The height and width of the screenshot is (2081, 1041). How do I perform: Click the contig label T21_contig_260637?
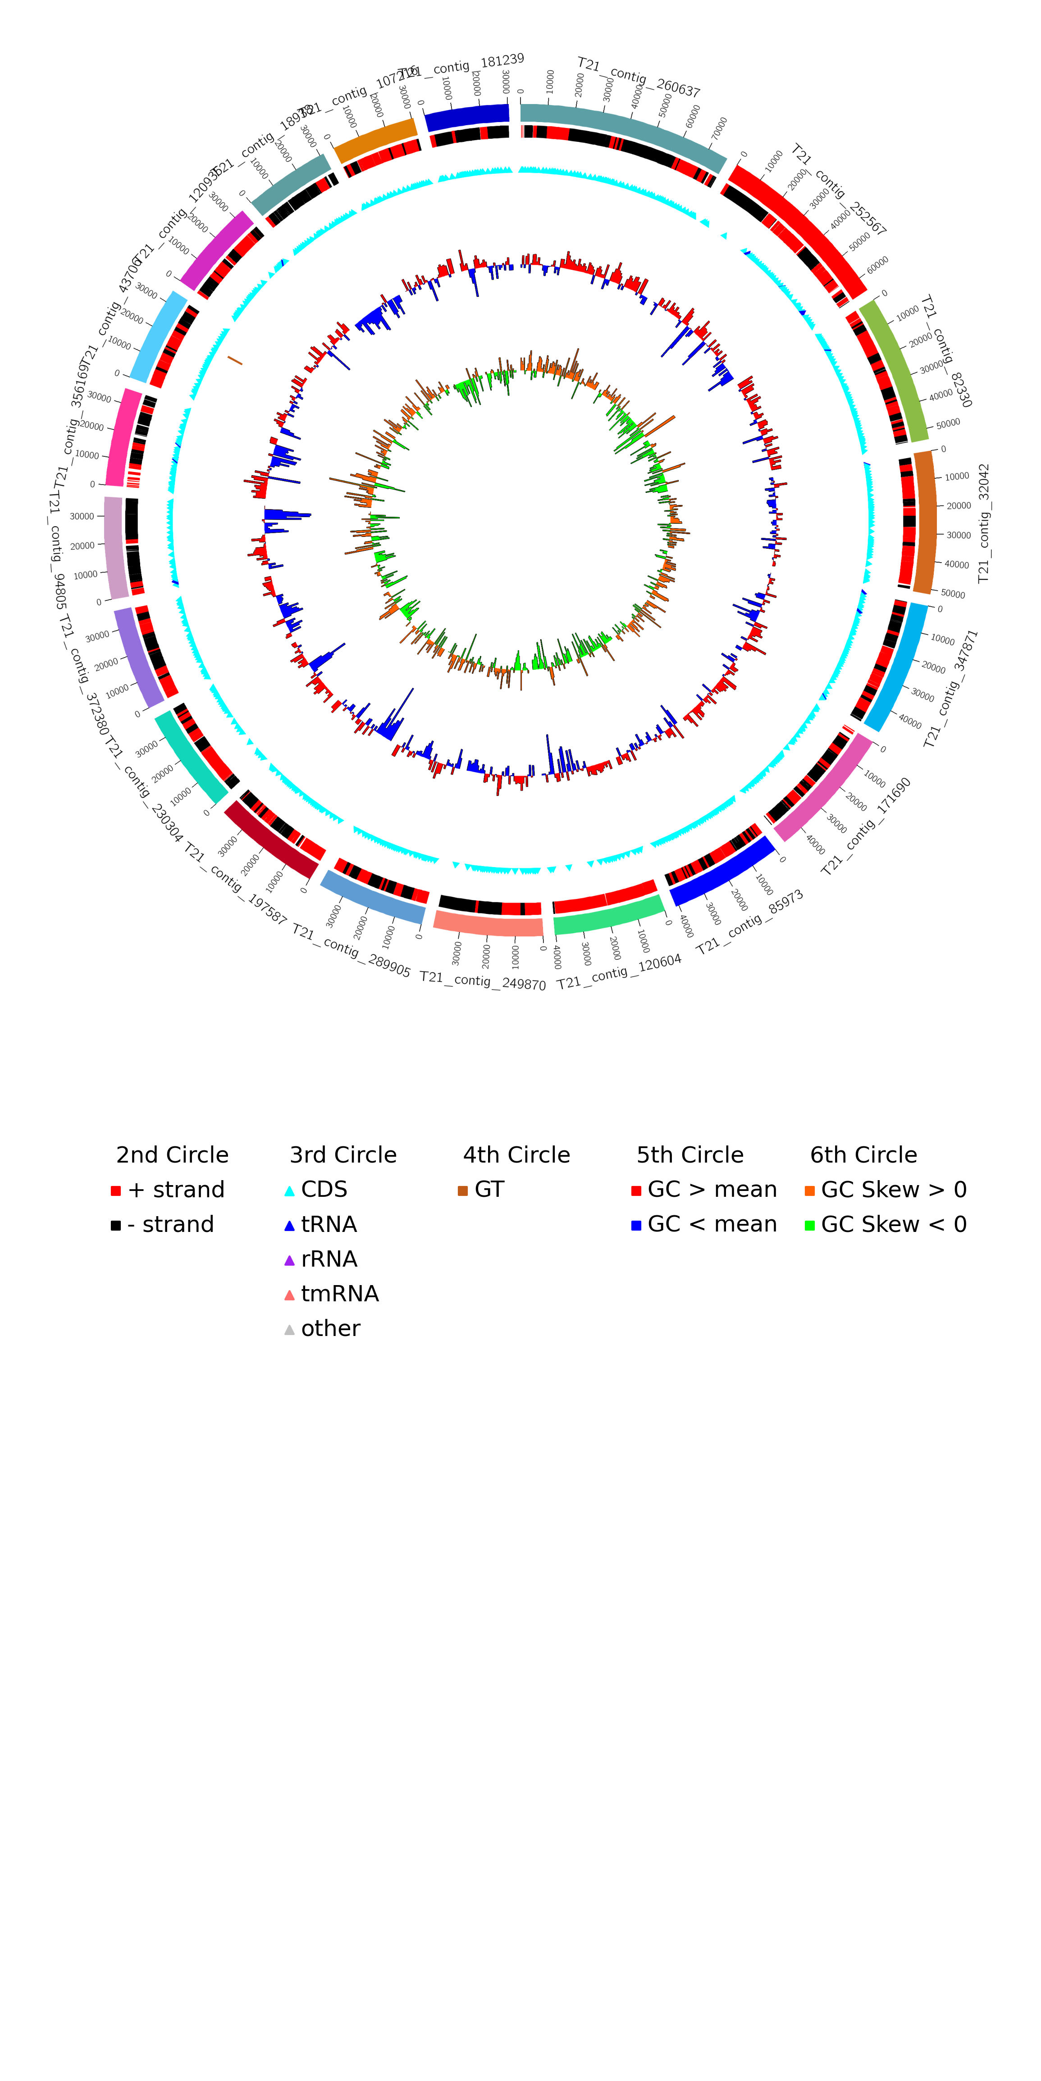coord(639,77)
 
